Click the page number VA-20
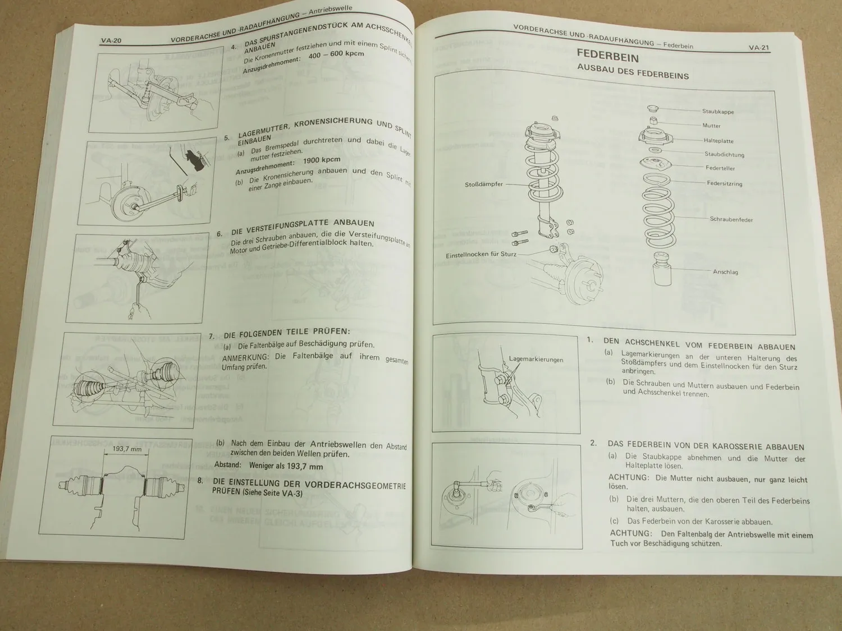pos(111,40)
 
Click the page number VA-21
pos(758,48)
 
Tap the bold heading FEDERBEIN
pos(608,56)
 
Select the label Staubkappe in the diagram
pos(718,112)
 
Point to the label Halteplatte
pos(719,141)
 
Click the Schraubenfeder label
pos(731,219)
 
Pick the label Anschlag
pos(725,272)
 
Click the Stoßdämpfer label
pos(483,184)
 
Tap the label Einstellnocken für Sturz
pos(481,255)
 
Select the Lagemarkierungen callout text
pos(536,360)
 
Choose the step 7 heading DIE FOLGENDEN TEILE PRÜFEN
pos(286,333)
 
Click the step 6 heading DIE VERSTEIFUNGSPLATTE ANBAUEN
pos(303,227)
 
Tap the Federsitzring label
pos(724,183)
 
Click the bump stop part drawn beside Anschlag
pos(664,269)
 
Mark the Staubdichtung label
pos(724,154)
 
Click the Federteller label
pos(720,168)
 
